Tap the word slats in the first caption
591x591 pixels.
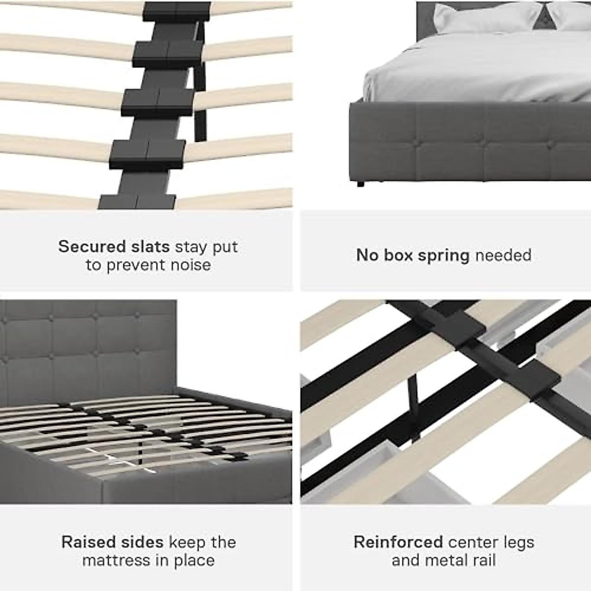(147, 246)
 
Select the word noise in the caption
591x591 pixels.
(190, 265)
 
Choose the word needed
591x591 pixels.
(503, 255)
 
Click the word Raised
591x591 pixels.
(87, 542)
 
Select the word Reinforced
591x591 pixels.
(398, 542)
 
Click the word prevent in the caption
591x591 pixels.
(135, 265)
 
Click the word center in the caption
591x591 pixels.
(468, 542)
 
